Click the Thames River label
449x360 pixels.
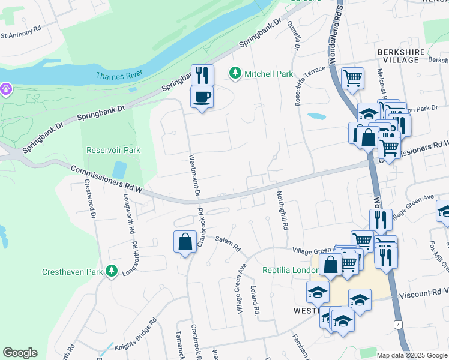(x=121, y=75)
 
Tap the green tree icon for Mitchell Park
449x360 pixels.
(x=235, y=74)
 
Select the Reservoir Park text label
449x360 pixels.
(x=113, y=150)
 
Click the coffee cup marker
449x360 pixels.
(x=202, y=97)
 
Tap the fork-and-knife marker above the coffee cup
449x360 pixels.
(x=202, y=75)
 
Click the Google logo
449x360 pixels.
(x=20, y=353)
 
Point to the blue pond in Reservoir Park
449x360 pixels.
(x=119, y=170)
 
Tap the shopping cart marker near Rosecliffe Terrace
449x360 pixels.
(x=352, y=77)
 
